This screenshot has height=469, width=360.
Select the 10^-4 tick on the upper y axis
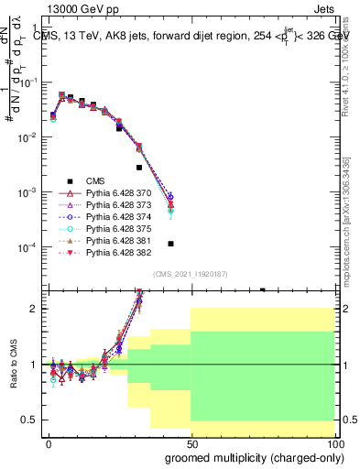coord(30,247)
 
